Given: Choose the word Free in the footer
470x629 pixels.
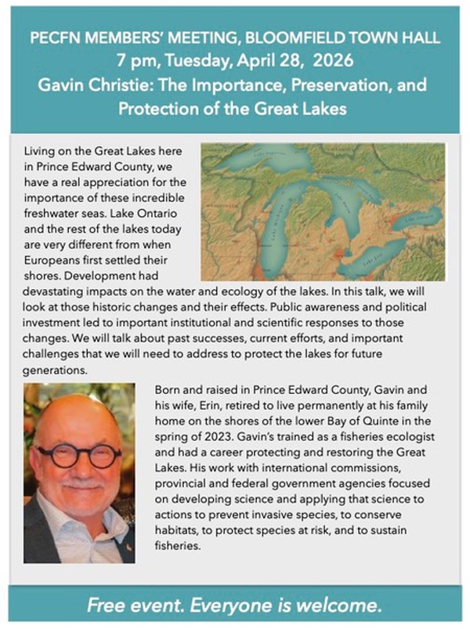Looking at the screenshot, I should [x=106, y=605].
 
